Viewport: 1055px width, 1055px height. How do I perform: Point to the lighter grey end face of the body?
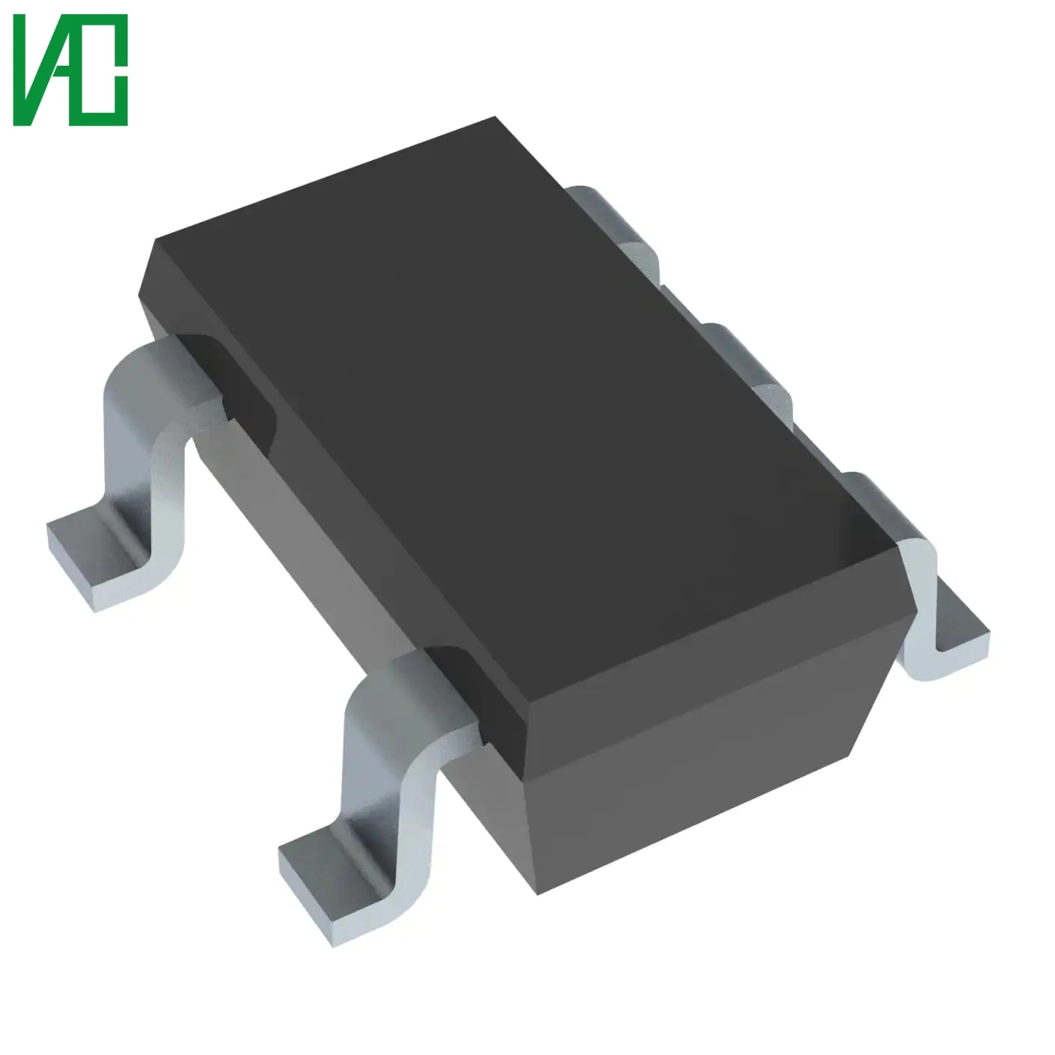coord(696,793)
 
